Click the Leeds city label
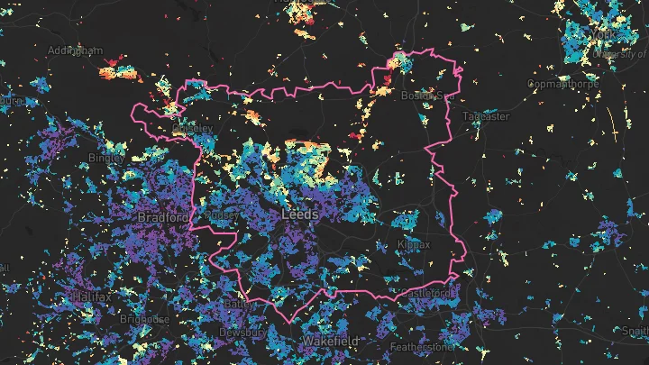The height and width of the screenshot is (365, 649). (300, 215)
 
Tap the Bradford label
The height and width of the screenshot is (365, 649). (163, 218)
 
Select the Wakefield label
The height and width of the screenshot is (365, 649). (330, 342)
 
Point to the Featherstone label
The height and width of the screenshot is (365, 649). (423, 346)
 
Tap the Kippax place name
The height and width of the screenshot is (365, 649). (415, 244)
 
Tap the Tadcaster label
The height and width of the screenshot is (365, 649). (486, 116)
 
